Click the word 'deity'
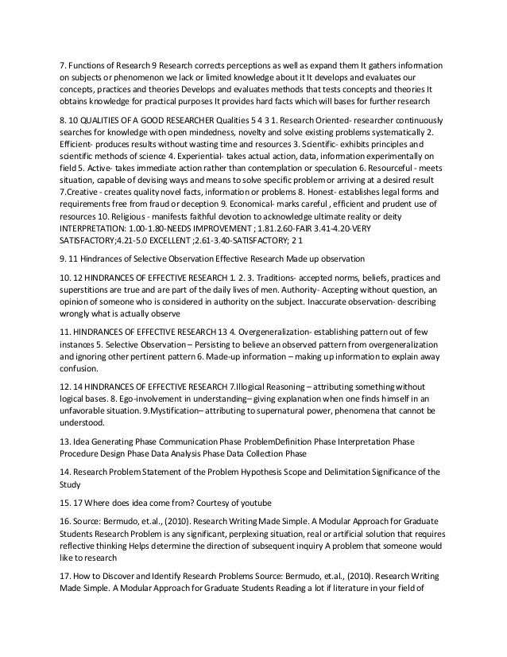click(425, 227)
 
